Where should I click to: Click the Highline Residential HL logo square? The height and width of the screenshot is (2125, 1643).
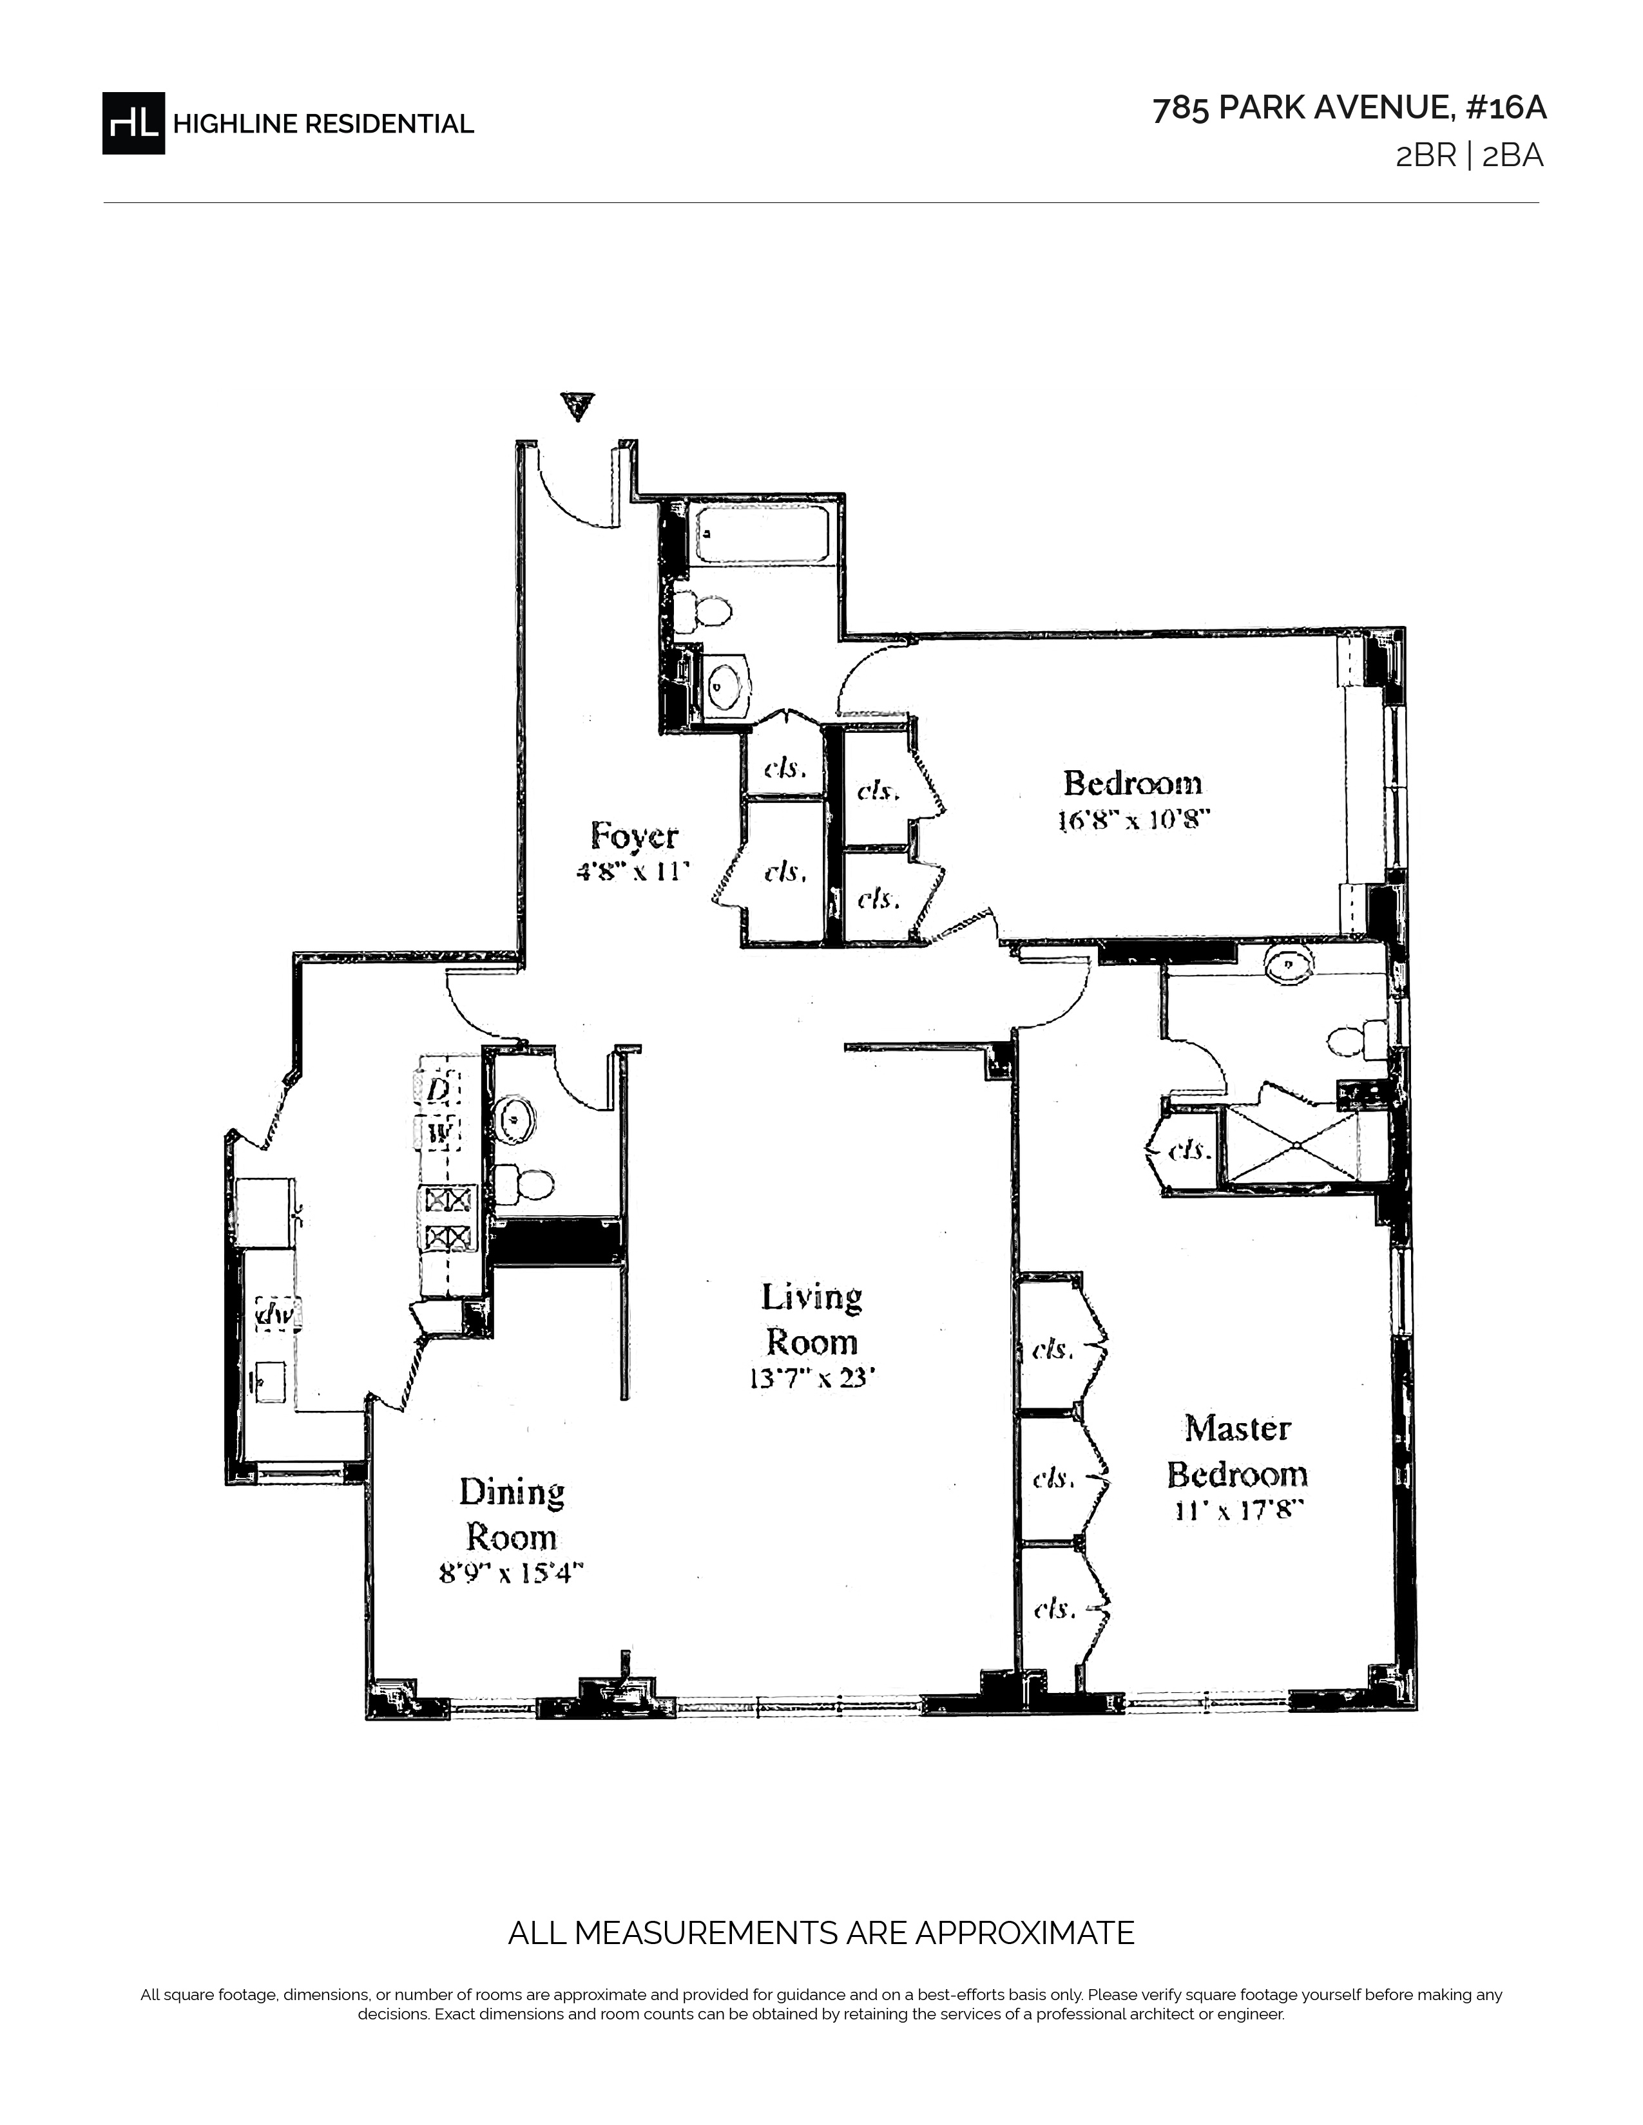[x=133, y=122]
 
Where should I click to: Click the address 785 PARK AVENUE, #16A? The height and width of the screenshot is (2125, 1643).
[x=1349, y=109]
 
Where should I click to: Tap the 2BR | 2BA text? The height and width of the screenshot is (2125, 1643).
[x=1470, y=156]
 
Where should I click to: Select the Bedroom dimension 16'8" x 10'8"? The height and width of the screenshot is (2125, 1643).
[x=1133, y=820]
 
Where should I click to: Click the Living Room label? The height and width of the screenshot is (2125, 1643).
[x=811, y=1319]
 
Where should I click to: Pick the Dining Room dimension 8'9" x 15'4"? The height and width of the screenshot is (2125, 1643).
[x=511, y=1573]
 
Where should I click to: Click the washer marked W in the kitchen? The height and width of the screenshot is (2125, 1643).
[x=437, y=1133]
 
